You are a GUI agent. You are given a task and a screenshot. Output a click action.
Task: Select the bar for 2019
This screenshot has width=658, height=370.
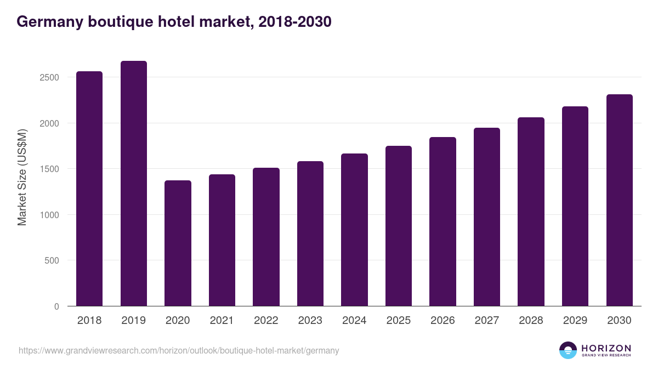134,184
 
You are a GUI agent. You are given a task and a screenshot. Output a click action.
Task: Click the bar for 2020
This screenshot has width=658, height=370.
178,243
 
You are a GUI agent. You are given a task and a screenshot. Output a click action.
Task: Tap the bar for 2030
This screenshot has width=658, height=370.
620,200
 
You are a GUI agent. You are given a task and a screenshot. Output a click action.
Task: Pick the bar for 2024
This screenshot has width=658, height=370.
354,230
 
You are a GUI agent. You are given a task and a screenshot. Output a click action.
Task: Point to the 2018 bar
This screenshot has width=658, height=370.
89,189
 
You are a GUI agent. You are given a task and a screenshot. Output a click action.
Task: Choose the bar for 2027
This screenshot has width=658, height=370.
487,217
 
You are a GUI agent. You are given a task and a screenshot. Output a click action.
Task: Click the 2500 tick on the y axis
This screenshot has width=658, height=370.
49,77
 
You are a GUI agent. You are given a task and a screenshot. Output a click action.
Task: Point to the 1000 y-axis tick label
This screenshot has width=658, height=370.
49,215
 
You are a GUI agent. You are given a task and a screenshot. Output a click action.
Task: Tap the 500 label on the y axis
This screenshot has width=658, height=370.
52,261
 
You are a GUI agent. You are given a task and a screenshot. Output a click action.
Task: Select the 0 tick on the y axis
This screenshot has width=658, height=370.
56,306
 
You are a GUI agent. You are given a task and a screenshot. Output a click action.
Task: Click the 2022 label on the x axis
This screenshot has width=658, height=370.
266,321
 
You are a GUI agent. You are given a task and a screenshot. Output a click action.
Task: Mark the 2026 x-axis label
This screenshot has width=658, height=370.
443,321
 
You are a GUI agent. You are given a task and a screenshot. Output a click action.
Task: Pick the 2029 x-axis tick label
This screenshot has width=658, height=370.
575,321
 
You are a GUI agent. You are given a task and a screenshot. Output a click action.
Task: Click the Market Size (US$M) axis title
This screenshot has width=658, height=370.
22,177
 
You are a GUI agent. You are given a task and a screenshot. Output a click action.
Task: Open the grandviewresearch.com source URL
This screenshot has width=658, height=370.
179,350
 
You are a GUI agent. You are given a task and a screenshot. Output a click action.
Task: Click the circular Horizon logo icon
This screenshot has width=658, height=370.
568,350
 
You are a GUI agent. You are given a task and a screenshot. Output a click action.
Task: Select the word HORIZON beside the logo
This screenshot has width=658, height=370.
606,348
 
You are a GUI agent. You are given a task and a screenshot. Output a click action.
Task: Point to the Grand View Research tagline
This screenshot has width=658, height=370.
606,356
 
